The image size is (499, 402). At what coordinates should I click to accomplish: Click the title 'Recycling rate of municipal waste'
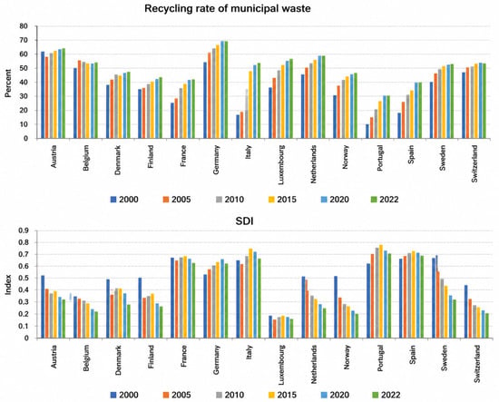(228, 8)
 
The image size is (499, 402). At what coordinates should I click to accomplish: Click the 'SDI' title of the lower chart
(244, 221)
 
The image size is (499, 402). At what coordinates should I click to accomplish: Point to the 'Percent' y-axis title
(8, 83)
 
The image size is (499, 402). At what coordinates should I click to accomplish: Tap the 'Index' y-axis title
(8, 285)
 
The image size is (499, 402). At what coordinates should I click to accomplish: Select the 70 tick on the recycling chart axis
(24, 40)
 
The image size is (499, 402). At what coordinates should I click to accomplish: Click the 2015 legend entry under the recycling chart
(282, 200)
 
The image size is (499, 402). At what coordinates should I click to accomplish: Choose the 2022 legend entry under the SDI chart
(386, 395)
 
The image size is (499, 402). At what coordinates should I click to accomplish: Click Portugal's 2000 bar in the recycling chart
(367, 132)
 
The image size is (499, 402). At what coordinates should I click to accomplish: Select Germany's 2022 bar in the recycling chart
(226, 90)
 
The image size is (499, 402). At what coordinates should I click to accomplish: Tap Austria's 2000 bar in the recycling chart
(43, 95)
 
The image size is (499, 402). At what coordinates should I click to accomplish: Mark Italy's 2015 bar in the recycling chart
(250, 105)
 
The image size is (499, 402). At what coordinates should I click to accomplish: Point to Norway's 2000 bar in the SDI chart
(336, 307)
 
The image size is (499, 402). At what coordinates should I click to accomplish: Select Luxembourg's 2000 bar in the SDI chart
(270, 327)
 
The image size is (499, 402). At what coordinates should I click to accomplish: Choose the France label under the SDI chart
(183, 356)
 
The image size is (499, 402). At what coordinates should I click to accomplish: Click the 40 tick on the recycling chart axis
(24, 82)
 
